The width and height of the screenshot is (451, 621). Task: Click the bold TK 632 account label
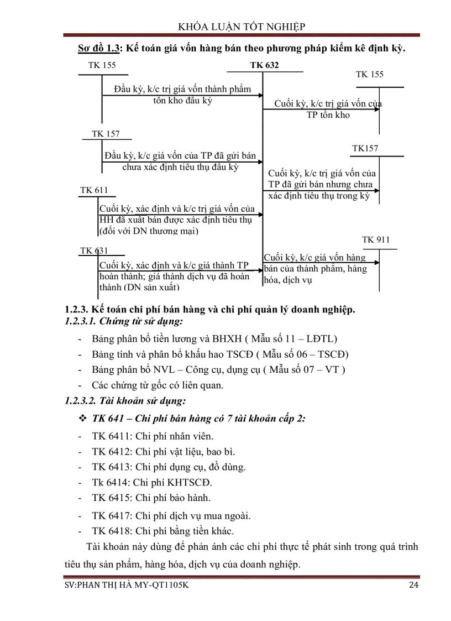[264, 65]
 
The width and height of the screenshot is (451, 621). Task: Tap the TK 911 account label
[376, 240]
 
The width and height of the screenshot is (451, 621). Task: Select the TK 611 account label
[94, 190]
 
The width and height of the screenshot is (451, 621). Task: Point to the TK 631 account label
[94, 251]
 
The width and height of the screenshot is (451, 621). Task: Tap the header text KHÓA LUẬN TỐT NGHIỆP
[242, 27]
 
